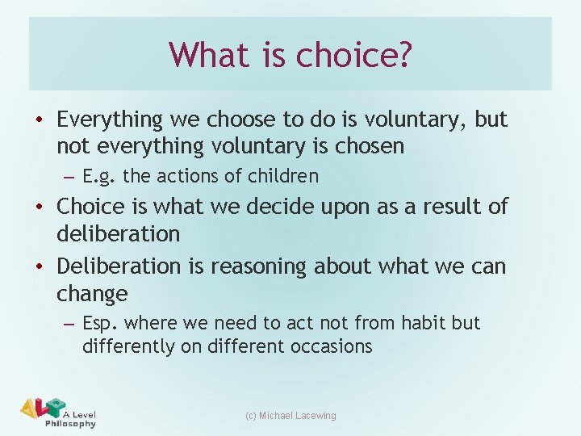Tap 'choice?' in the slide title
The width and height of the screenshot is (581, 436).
click(x=354, y=55)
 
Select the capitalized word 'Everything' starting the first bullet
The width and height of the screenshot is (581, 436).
click(x=110, y=119)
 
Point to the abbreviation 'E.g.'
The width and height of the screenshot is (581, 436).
click(x=98, y=176)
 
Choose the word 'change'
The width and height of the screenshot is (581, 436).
click(x=92, y=293)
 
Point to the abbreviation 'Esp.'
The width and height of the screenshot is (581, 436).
click(x=101, y=323)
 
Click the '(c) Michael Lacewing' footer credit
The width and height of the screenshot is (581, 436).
click(x=290, y=416)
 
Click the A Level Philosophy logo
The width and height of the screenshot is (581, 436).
click(x=57, y=413)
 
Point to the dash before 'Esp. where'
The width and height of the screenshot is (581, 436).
click(x=69, y=324)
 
